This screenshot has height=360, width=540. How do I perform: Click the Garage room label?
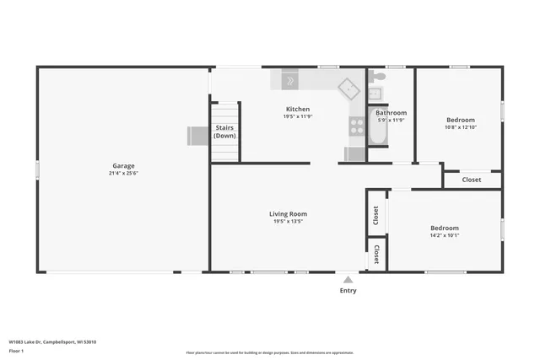click(123, 165)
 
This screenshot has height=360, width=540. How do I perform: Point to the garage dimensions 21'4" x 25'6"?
click(123, 174)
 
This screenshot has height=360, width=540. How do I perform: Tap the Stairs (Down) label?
click(224, 132)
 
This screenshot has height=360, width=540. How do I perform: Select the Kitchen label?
click(297, 109)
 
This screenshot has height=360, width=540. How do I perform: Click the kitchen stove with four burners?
click(357, 126)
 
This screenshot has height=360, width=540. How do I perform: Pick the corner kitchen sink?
click(348, 89)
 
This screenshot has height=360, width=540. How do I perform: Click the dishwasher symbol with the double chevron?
click(289, 81)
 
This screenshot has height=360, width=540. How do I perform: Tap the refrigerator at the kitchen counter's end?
click(354, 154)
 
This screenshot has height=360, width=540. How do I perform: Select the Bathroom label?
click(391, 112)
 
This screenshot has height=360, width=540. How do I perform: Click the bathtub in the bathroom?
click(378, 132)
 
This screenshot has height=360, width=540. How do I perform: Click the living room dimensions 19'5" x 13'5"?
click(288, 222)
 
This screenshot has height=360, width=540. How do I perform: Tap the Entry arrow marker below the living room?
click(348, 279)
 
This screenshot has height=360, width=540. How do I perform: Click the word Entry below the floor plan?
click(348, 291)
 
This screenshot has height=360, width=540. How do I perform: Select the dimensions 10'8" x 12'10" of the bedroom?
click(460, 127)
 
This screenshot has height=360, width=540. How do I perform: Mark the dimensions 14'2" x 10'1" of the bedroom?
click(444, 235)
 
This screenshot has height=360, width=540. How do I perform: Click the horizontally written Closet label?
click(472, 180)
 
